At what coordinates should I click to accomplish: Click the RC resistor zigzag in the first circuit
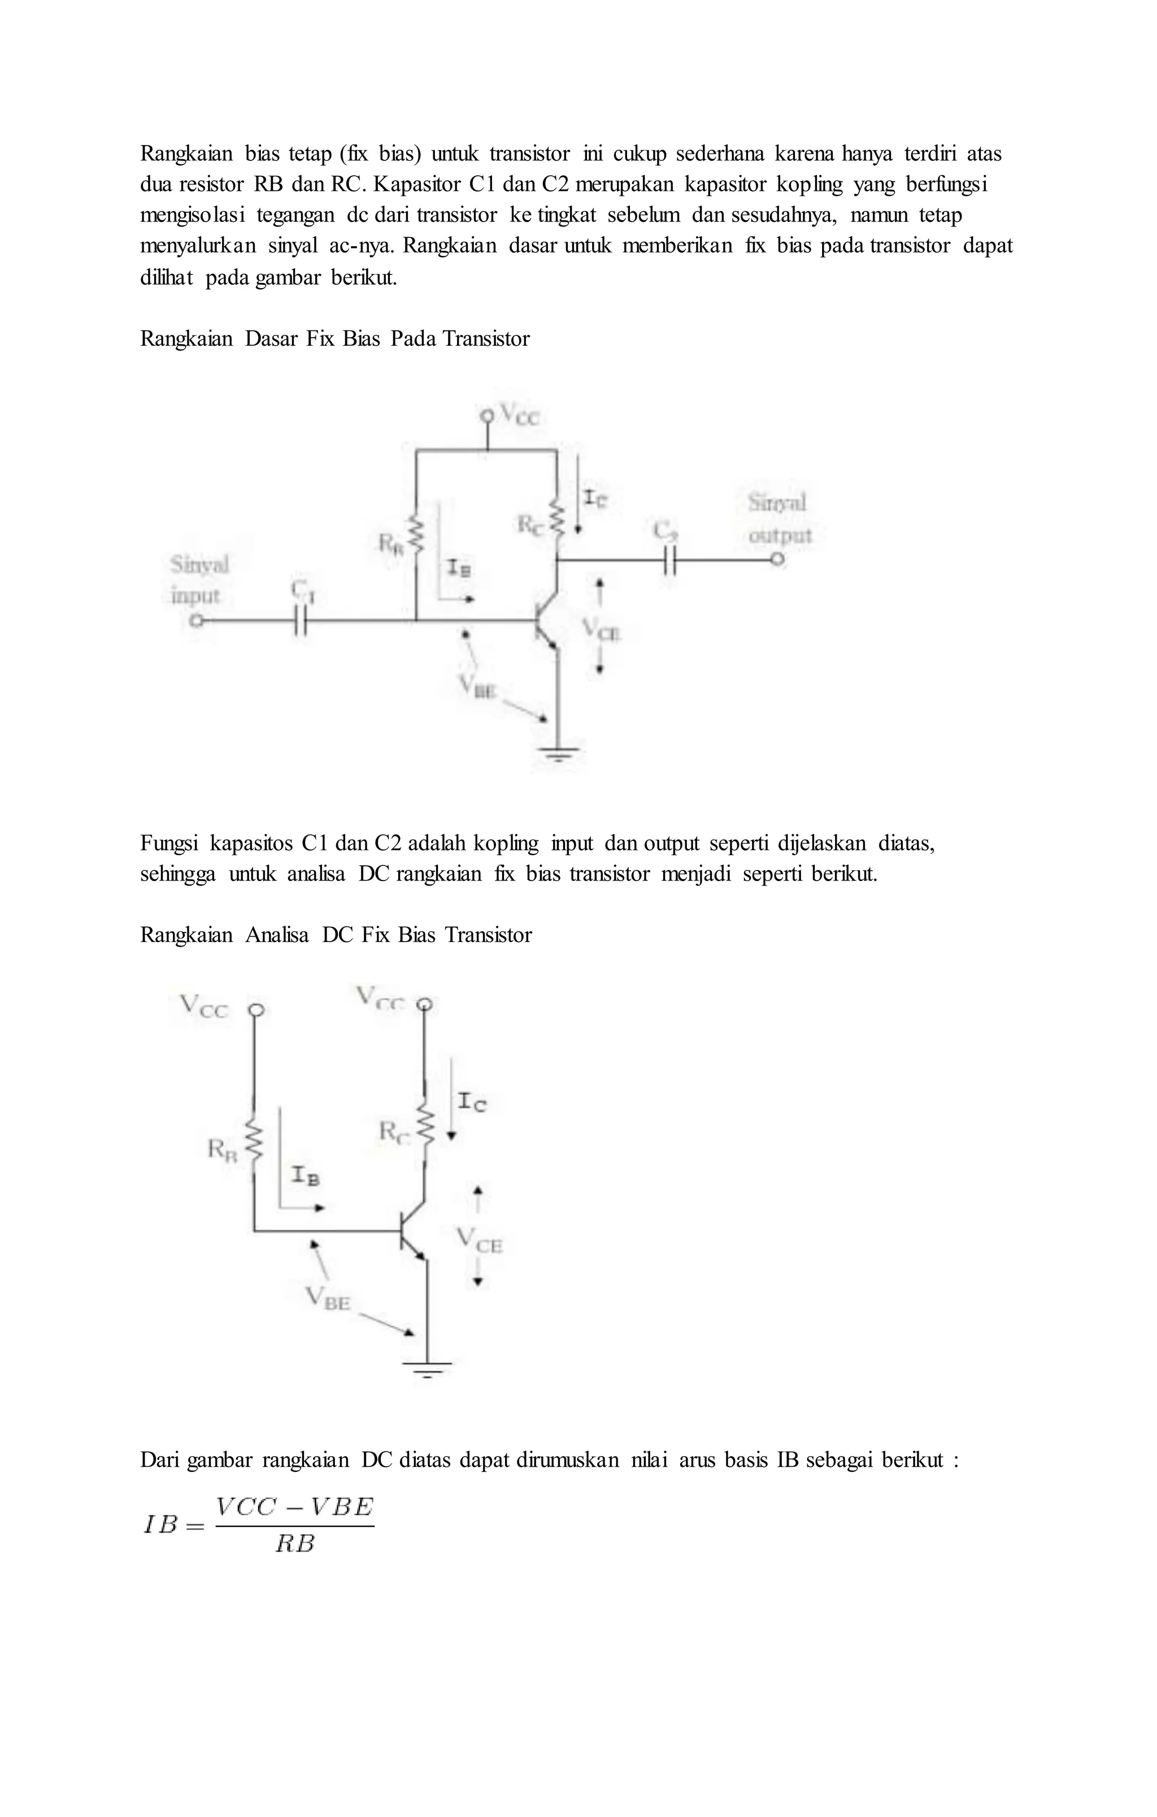557,517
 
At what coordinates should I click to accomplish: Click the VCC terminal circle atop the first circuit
487,415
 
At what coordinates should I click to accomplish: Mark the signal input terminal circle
196,621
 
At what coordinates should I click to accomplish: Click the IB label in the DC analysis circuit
305,1175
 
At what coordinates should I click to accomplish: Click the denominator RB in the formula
294,1545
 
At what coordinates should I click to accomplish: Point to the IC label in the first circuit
595,498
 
